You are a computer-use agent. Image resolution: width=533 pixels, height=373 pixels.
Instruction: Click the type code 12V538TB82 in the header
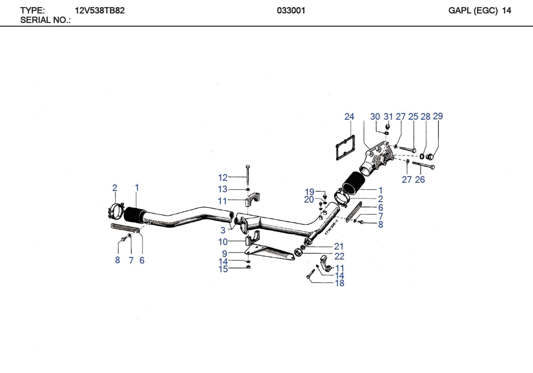tap(100, 11)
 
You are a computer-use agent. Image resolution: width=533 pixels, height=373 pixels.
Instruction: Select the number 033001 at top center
tap(291, 11)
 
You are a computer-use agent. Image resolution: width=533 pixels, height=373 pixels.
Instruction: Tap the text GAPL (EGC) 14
tap(479, 11)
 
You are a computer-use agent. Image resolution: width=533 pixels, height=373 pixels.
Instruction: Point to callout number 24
tap(349, 117)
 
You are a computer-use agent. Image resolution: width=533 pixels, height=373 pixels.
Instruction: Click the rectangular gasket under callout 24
tap(345, 147)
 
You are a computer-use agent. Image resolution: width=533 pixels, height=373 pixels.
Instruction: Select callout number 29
tap(438, 116)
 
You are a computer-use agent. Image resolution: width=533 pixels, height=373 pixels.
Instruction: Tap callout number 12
tap(223, 178)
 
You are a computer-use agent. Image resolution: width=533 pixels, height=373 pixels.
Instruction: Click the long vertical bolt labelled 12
tap(248, 175)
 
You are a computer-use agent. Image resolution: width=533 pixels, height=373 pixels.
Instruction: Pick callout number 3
tap(223, 230)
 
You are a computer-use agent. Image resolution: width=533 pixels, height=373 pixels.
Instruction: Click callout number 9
tap(225, 254)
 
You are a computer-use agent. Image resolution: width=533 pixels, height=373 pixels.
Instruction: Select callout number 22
tap(339, 256)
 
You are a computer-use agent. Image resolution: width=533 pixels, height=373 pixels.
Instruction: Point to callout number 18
tap(339, 283)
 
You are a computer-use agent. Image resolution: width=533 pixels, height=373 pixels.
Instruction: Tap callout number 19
tap(309, 192)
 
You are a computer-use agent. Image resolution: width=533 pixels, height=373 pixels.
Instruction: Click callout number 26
tap(420, 180)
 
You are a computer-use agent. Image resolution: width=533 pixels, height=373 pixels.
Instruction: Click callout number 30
tap(375, 117)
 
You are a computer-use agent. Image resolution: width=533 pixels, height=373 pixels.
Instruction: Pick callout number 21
tap(339, 246)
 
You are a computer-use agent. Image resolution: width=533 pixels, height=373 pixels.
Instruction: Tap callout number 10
tap(223, 242)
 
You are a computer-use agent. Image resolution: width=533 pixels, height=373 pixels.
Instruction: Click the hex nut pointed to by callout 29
tap(429, 156)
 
